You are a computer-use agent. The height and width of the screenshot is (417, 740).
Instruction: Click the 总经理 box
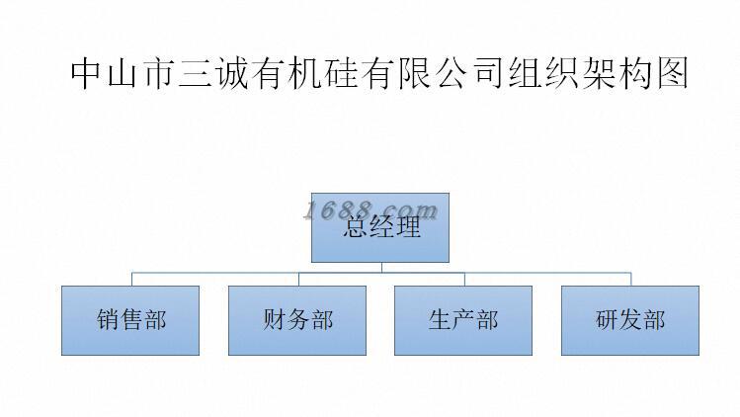[x=380, y=227]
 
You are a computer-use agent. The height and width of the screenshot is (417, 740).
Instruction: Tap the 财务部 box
[x=297, y=320]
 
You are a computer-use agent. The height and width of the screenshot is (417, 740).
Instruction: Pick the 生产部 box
[x=463, y=320]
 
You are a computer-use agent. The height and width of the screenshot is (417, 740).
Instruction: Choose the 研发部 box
[x=629, y=320]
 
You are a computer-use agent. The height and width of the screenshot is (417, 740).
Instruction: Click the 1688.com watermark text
[x=370, y=209]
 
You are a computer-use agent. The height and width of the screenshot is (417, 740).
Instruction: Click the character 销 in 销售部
[x=108, y=320]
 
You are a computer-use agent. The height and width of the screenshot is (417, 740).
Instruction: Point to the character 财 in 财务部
[x=275, y=320]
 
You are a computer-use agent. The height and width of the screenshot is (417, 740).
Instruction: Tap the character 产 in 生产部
[x=463, y=320]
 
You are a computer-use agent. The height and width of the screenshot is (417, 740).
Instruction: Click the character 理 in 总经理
[x=408, y=228]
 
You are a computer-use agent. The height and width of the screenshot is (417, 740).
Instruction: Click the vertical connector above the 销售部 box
[x=130, y=278]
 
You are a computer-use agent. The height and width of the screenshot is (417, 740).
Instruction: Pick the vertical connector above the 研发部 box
[x=630, y=278]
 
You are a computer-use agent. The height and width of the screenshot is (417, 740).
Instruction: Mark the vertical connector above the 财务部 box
[x=297, y=278]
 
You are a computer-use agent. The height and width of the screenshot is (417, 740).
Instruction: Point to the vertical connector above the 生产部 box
[x=463, y=278]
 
